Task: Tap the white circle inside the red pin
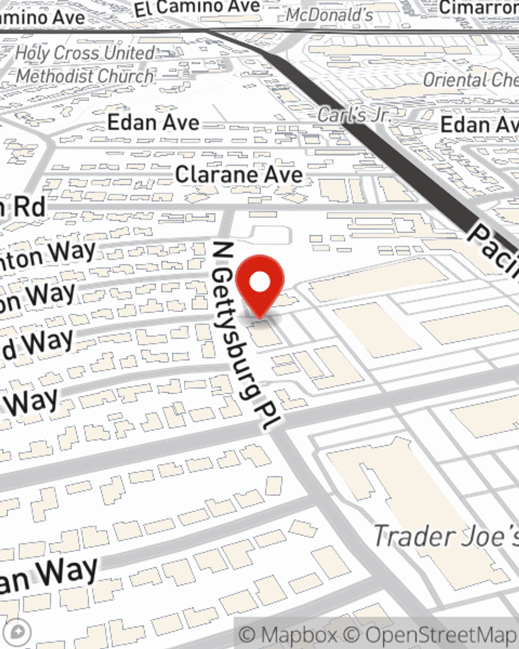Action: [x=260, y=282]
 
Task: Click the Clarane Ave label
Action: [x=239, y=174]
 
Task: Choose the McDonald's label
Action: [x=330, y=15]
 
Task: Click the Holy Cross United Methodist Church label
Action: [x=85, y=64]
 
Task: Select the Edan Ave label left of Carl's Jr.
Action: [x=153, y=123]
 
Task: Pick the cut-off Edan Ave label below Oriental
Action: [x=479, y=125]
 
